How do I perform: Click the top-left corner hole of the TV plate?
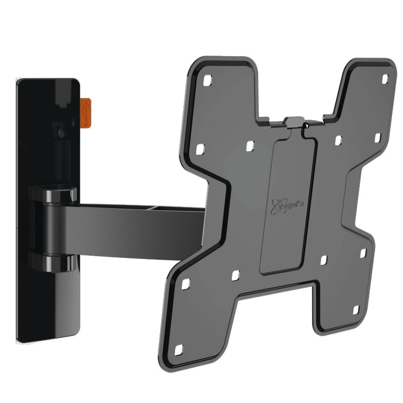[x=208, y=81]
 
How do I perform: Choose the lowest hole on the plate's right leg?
[x=356, y=310]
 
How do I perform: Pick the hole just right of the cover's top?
[x=338, y=140]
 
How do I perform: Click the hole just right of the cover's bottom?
[x=324, y=260]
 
